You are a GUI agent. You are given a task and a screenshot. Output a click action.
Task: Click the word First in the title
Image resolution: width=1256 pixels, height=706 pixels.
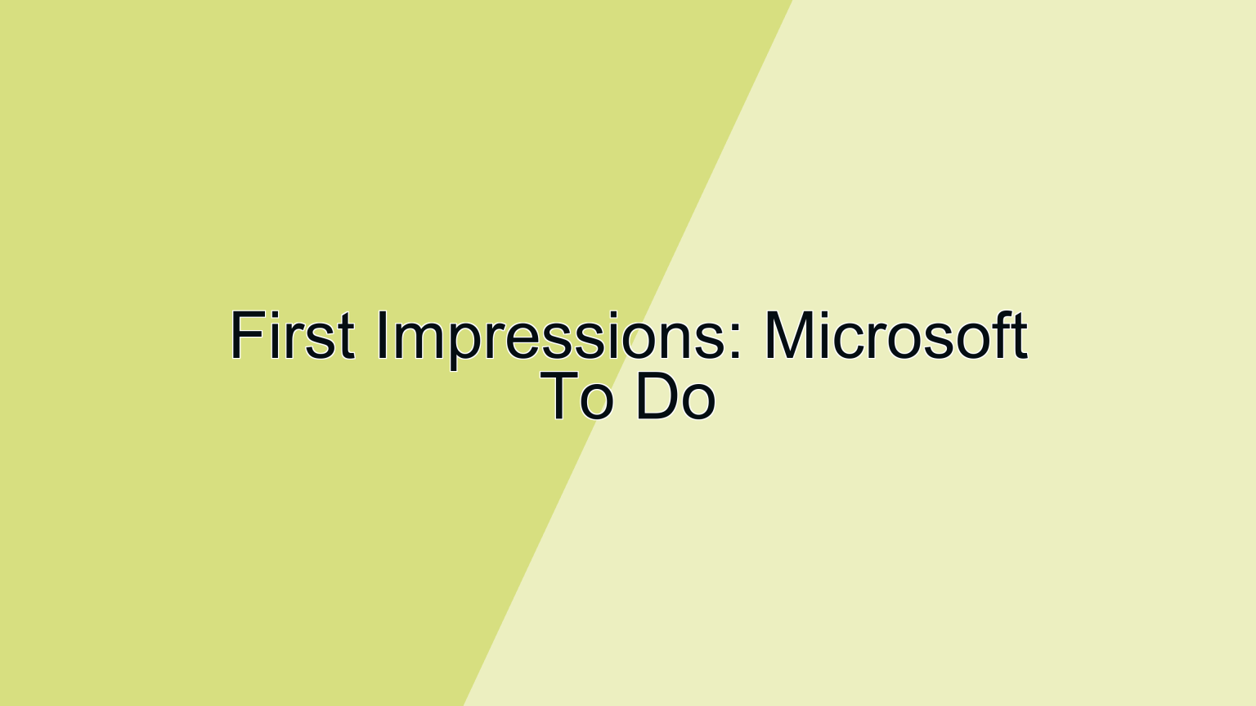point(292,335)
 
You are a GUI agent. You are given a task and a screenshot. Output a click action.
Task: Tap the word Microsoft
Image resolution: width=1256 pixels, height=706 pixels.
point(895,335)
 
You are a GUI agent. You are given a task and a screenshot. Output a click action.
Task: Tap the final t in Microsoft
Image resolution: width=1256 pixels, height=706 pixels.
point(1020,337)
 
